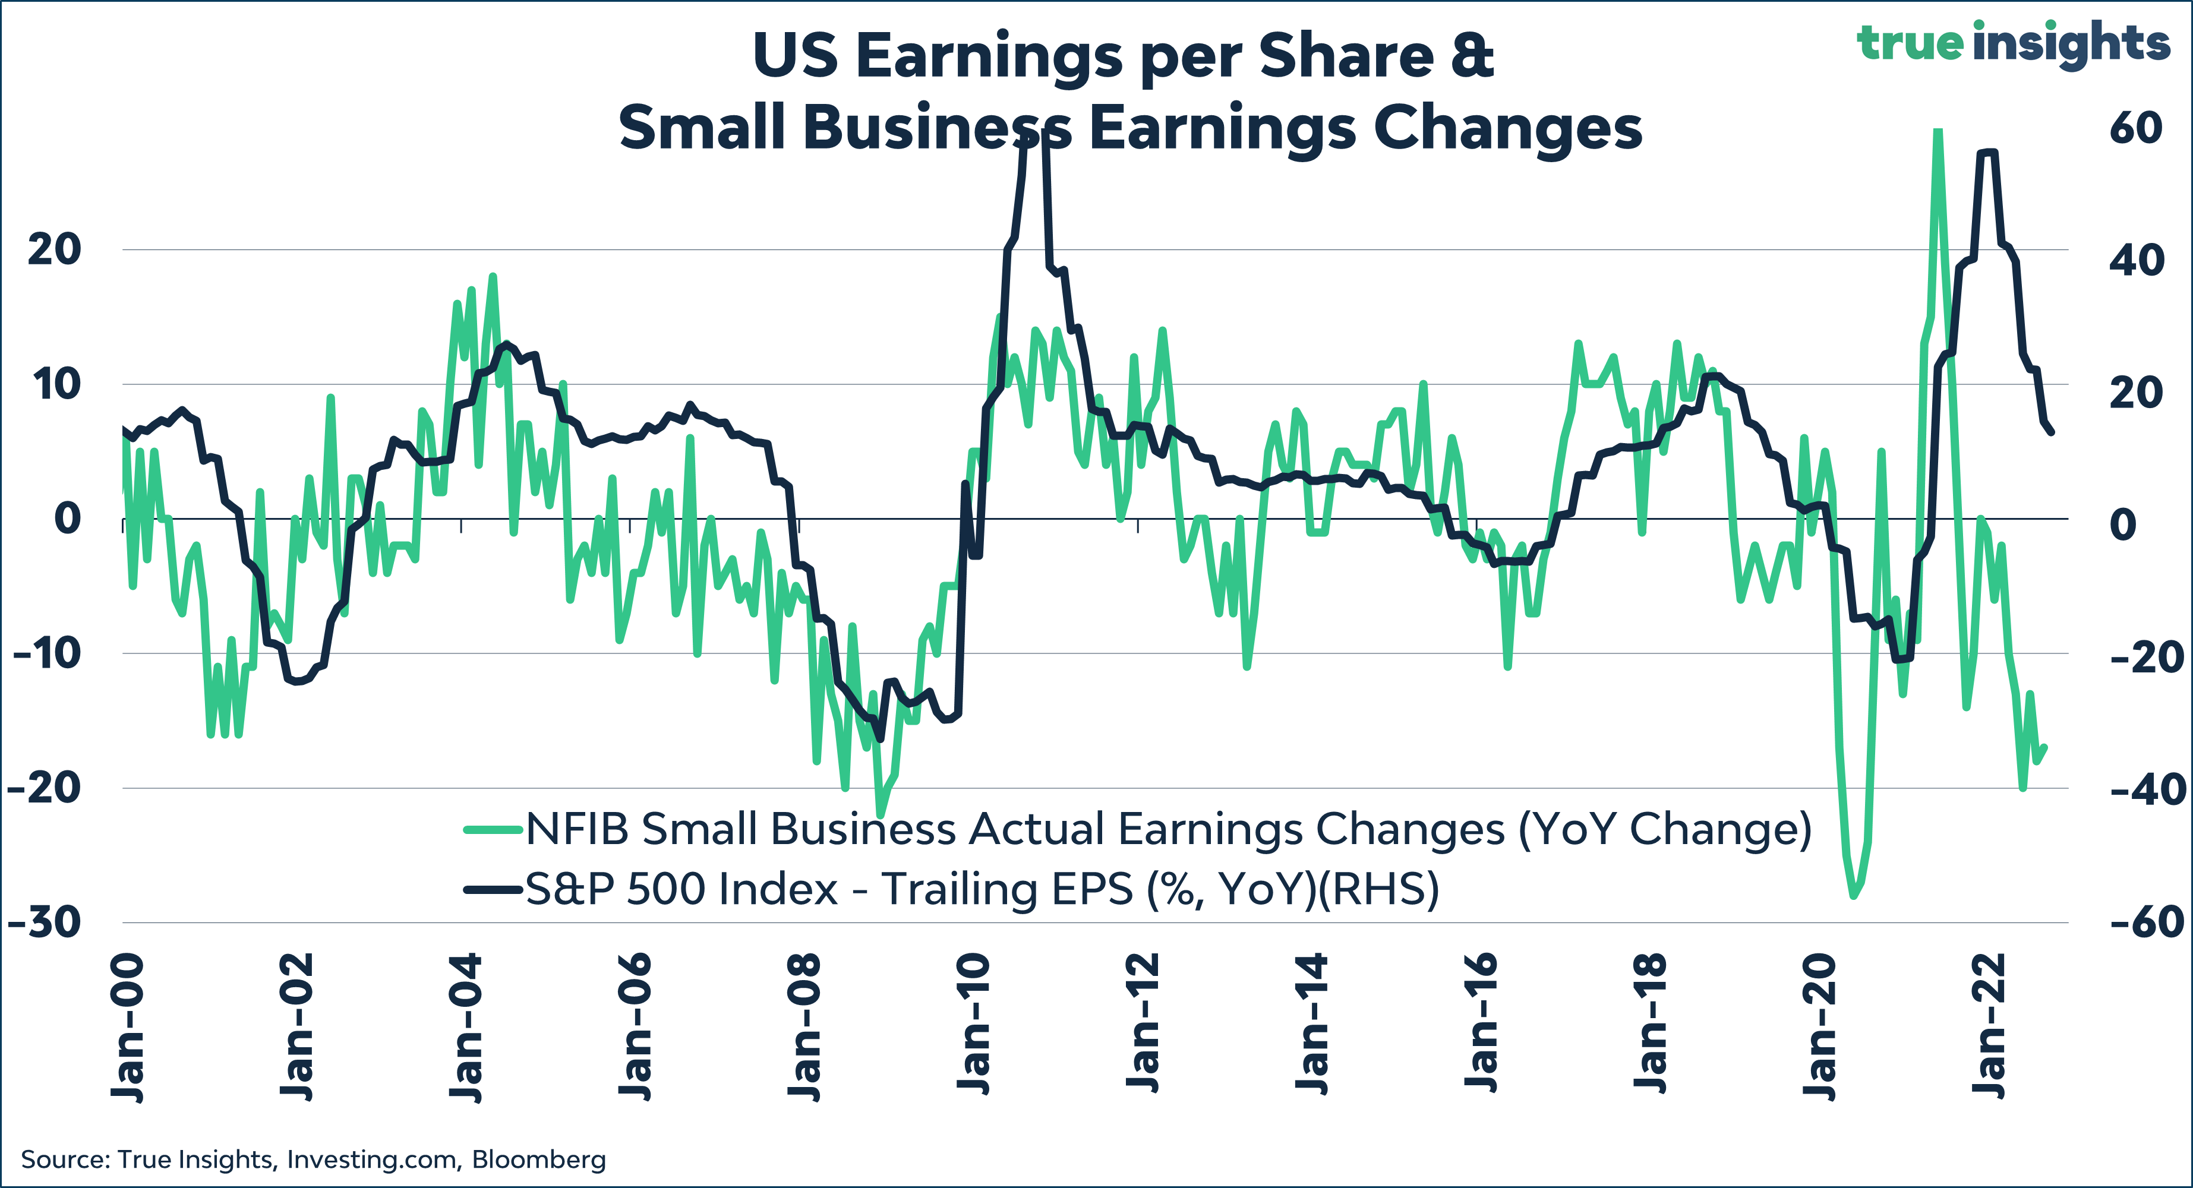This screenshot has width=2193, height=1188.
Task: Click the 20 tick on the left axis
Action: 55,249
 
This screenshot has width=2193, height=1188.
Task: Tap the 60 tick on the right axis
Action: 2135,128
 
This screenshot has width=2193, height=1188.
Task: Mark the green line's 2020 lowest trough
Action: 1853,895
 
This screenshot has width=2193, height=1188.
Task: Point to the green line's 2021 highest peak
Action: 1938,130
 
